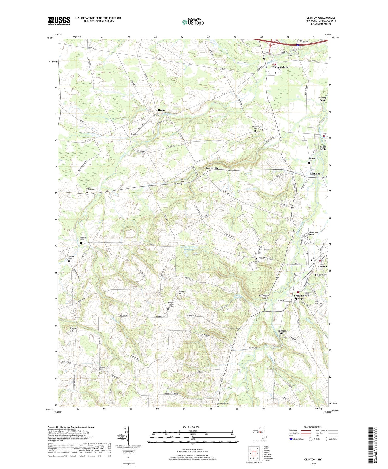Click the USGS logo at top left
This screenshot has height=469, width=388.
[59, 21]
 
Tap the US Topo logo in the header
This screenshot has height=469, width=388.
[193, 22]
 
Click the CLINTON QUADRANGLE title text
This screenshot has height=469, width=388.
[321, 18]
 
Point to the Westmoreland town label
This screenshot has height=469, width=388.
[280, 67]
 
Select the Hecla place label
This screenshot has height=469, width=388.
[161, 110]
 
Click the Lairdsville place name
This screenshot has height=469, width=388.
[212, 168]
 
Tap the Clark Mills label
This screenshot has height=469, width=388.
[323, 148]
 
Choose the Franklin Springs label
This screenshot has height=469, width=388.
[299, 297]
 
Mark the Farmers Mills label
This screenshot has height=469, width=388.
[282, 332]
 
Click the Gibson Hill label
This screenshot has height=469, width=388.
[73, 330]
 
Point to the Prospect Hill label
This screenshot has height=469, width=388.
[183, 292]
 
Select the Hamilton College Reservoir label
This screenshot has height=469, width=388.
[189, 248]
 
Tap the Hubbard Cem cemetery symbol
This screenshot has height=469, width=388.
[99, 372]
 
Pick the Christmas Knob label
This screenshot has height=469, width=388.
[314, 233]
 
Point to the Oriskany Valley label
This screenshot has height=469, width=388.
[322, 99]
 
